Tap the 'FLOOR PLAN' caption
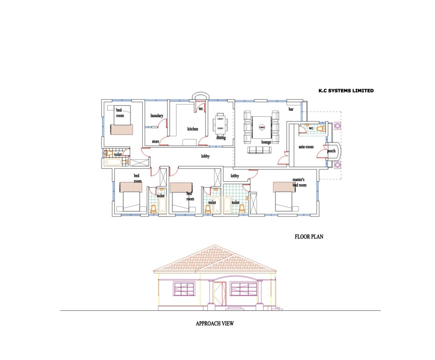tap(309, 237)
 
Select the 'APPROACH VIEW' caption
tap(214, 323)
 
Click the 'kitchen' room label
tap(193, 128)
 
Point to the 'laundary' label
tap(157, 115)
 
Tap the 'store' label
tap(155, 141)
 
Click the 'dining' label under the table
tap(221, 138)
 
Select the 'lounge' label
tap(267, 142)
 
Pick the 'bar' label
tap(291, 109)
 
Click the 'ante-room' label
tap(306, 147)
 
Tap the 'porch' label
tap(331, 151)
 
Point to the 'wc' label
tap(310, 127)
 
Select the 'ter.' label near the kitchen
tap(201, 109)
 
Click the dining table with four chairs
tap(221, 125)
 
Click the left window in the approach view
tap(184, 289)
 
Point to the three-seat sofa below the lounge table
tap(259, 150)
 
